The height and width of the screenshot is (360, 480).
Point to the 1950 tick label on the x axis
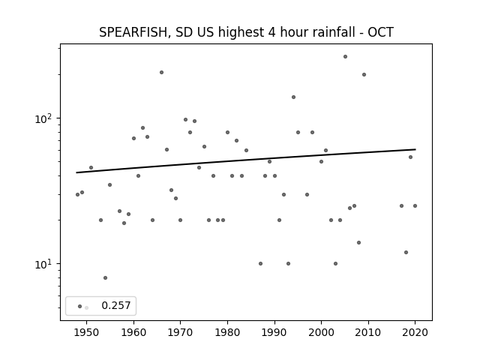tap(87, 332)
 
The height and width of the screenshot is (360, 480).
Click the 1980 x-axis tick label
tap(227, 332)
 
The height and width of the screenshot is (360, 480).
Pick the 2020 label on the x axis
tap(415, 332)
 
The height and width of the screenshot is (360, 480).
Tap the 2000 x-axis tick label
tap(321, 332)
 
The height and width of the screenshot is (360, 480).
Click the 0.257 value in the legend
tap(116, 305)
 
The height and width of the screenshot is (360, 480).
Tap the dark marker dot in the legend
tap(80, 307)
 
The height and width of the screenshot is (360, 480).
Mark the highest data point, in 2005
tap(345, 57)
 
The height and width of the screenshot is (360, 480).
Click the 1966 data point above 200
tap(162, 73)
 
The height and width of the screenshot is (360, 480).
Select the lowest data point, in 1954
tap(105, 278)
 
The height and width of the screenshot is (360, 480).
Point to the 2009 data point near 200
tap(364, 75)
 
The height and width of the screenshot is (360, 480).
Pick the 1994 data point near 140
tap(293, 97)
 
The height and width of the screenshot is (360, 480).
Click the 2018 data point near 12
tap(406, 253)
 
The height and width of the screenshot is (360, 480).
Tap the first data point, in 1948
tap(77, 195)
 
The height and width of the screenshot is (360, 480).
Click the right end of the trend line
tap(415, 149)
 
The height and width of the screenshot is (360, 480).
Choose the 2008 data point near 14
tap(359, 243)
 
